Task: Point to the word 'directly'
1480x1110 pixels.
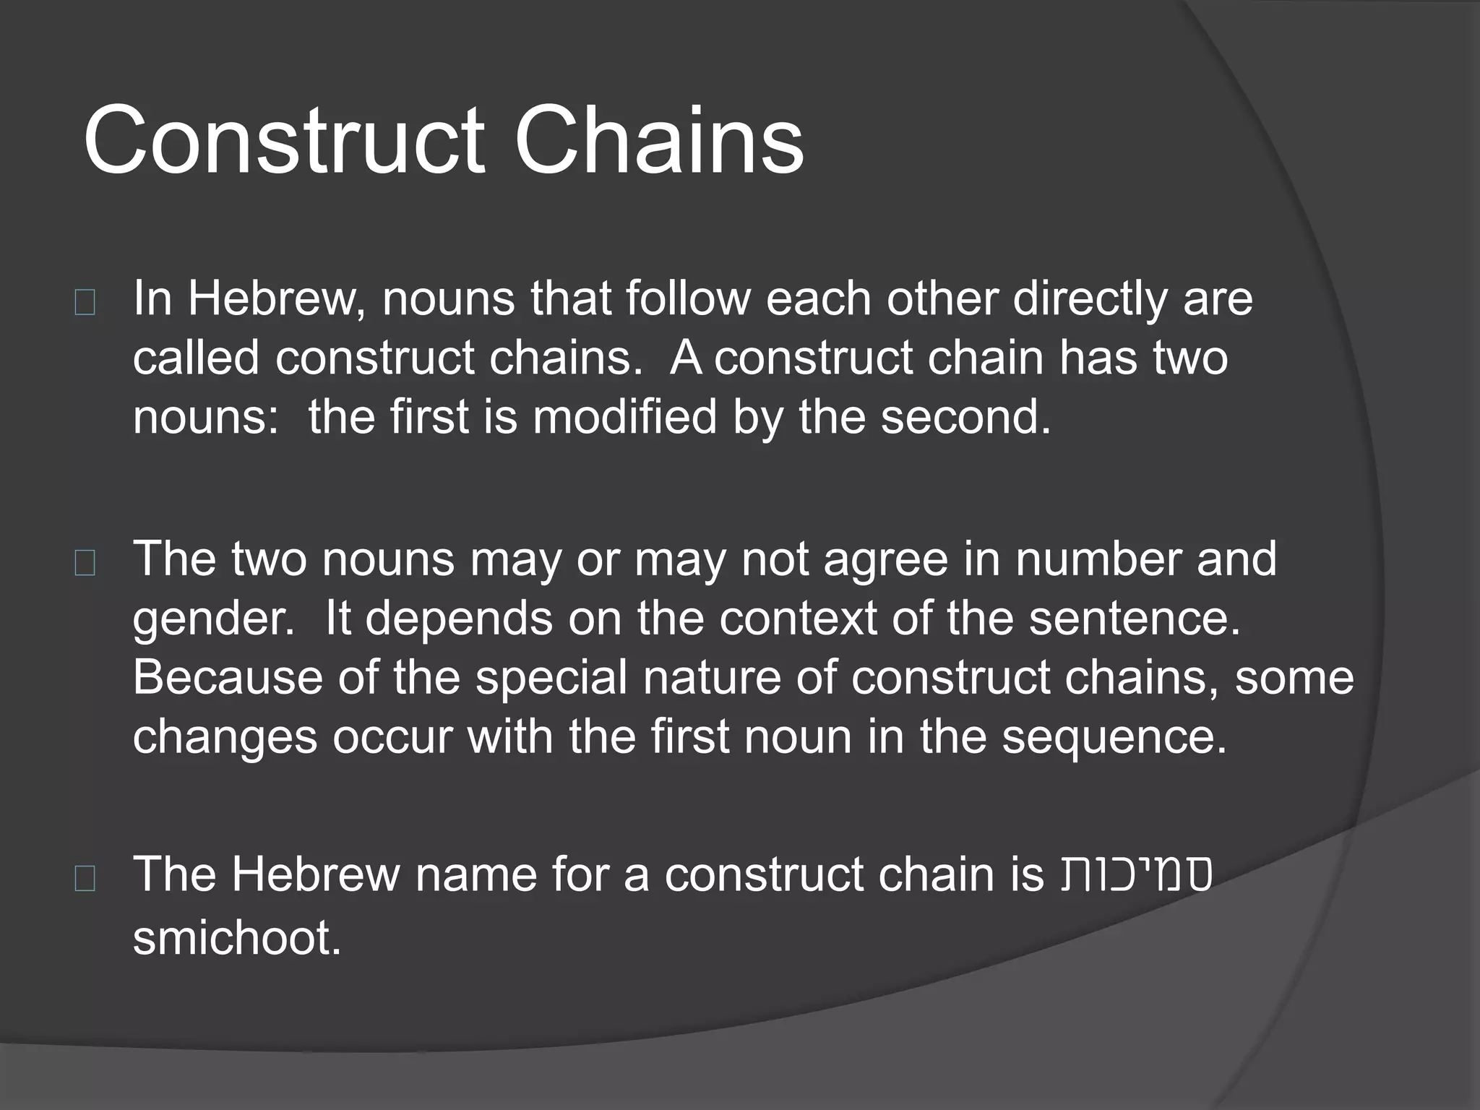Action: coord(1090,298)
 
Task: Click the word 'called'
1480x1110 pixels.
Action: coord(196,358)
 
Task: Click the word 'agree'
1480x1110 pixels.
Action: coord(885,559)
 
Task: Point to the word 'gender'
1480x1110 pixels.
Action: coord(210,619)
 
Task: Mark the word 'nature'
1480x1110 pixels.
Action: coord(712,677)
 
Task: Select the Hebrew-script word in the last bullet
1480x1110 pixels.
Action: coord(1136,875)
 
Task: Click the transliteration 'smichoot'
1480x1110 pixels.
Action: coord(231,937)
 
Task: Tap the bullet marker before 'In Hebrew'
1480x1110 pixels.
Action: coord(85,304)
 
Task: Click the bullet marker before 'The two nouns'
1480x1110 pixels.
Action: coord(85,564)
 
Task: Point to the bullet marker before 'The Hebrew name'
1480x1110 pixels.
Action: coord(85,879)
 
